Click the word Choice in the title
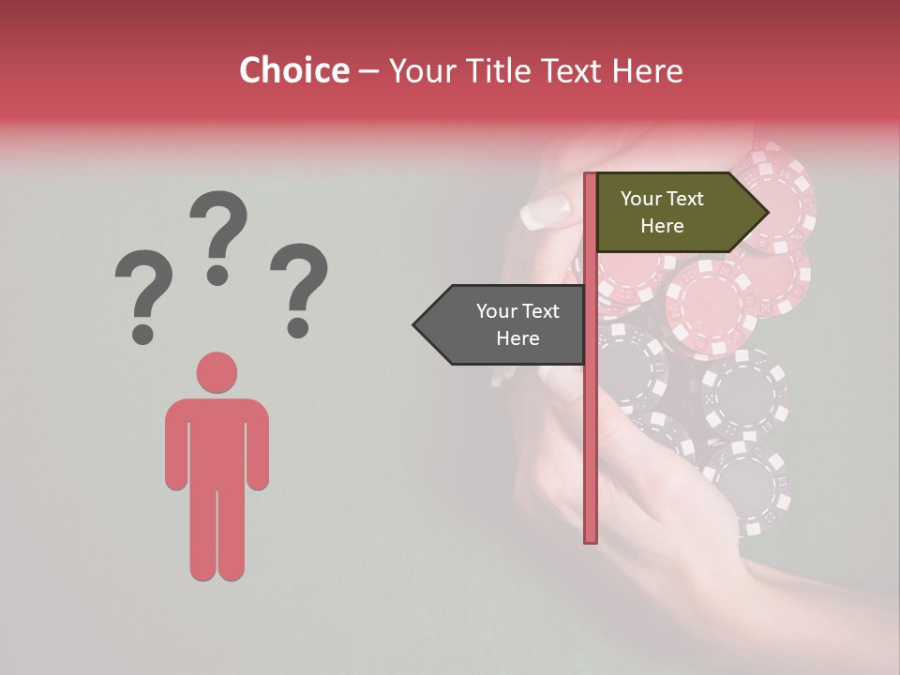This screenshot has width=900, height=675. click(293, 70)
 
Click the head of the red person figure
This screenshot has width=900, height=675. click(217, 372)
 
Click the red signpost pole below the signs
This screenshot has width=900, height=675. click(591, 450)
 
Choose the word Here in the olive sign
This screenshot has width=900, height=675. click(662, 226)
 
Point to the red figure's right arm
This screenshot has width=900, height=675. click(257, 445)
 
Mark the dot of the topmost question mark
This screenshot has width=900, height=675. click(217, 274)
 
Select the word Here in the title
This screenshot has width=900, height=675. click(647, 71)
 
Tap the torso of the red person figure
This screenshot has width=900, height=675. click(217, 441)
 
